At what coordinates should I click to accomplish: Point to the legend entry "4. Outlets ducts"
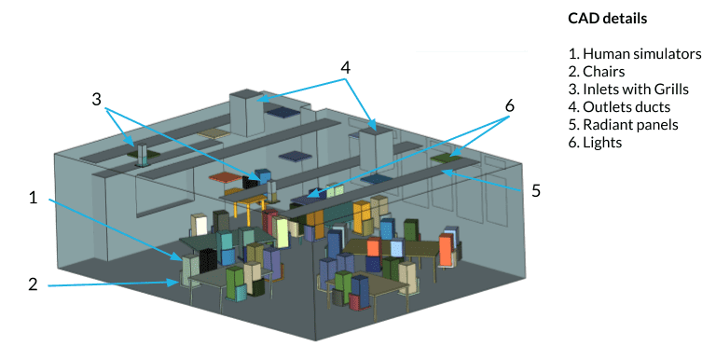[617, 107]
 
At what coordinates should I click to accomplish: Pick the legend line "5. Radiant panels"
[622, 125]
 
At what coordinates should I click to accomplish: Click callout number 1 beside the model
[33, 197]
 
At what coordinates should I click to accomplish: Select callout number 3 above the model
[97, 98]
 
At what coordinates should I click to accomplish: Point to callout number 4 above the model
[345, 67]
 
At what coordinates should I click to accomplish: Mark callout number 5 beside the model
[536, 190]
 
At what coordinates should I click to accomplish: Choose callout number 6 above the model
[509, 105]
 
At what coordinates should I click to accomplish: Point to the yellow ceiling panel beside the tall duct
[213, 133]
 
